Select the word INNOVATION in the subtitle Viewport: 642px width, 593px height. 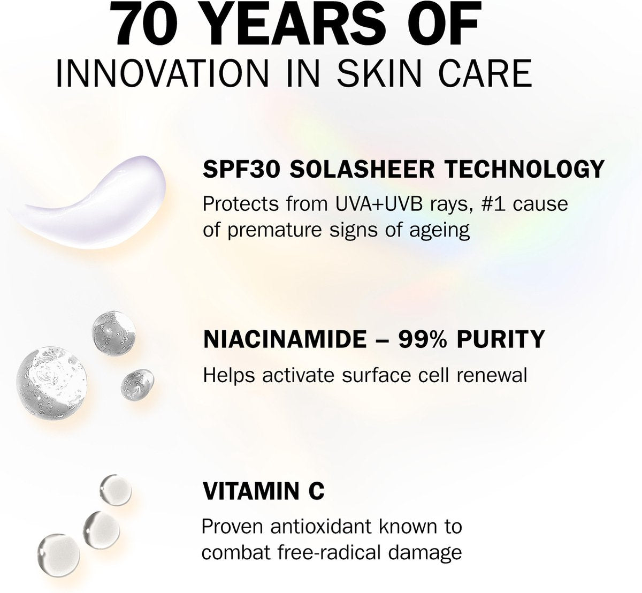162,73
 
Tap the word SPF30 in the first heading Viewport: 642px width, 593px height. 241,169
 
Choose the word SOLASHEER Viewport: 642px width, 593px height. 362,169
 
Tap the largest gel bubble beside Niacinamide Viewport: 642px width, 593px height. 52,383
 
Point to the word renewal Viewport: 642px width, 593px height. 492,375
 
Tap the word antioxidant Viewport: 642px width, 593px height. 320,527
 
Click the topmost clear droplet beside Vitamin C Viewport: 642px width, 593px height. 116,490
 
